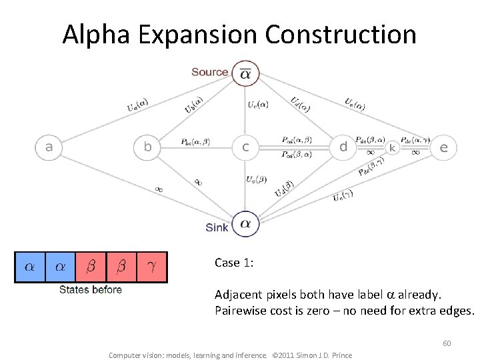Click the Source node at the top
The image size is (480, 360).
tap(245, 75)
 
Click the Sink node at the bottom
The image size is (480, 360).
tap(245, 224)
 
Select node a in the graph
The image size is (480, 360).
tap(49, 147)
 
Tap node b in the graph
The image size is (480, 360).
tap(147, 147)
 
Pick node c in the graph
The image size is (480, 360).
tap(245, 147)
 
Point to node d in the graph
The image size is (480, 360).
tap(343, 147)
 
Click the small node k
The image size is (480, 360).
tap(392, 147)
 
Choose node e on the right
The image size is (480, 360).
tap(443, 147)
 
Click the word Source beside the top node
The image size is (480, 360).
tap(209, 72)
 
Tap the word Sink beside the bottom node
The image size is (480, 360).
tap(217, 227)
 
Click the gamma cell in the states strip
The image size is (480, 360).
tap(151, 267)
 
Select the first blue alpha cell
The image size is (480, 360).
tap(30, 267)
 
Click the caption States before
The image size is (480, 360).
tap(91, 289)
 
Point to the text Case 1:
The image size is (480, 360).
tap(233, 263)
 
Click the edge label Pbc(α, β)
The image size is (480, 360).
tap(195, 142)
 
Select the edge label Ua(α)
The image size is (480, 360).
tap(137, 105)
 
